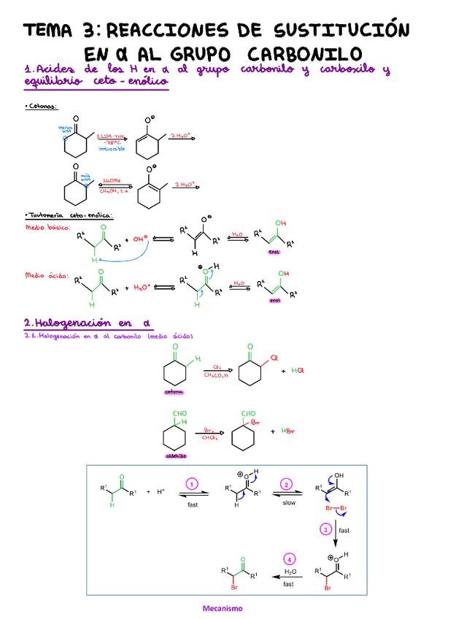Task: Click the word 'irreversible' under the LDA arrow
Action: (112, 148)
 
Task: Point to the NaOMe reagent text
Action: (111, 182)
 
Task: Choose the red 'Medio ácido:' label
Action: (46, 276)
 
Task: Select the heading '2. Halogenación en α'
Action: (86, 323)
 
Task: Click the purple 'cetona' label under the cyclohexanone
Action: (175, 391)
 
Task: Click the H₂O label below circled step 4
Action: (290, 572)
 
